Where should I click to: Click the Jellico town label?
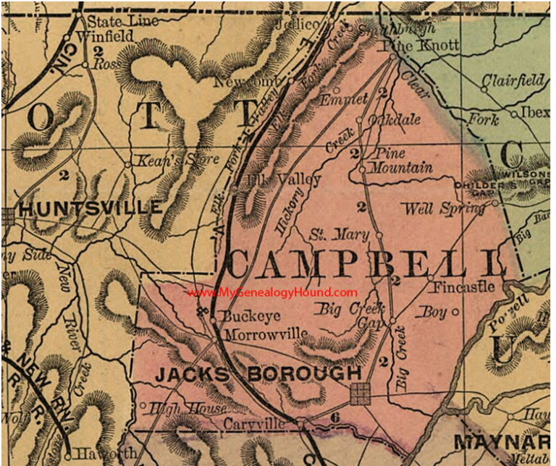tap(298, 24)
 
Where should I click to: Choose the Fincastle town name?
tap(464, 287)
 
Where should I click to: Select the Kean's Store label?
tap(175, 159)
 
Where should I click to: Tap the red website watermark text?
tap(271, 292)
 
